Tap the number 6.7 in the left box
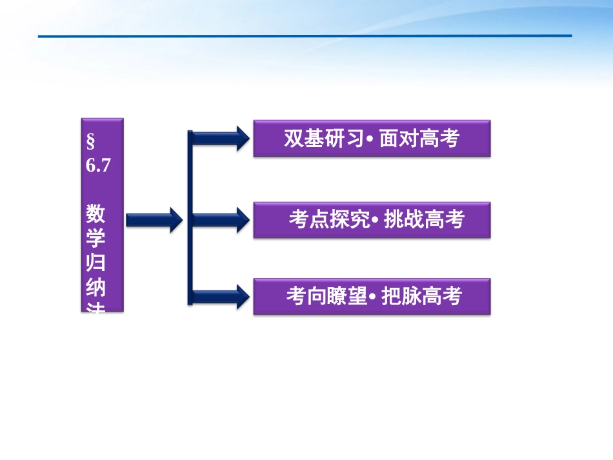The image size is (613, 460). pos(99,165)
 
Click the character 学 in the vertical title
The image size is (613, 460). pos(96,239)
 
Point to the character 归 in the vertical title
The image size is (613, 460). pos(96,265)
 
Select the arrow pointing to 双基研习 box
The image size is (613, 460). pos(219,138)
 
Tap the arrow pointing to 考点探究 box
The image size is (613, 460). pos(219,220)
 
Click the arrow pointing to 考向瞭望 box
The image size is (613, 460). pos(219,296)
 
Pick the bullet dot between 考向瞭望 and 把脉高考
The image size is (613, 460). pos(373,298)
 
